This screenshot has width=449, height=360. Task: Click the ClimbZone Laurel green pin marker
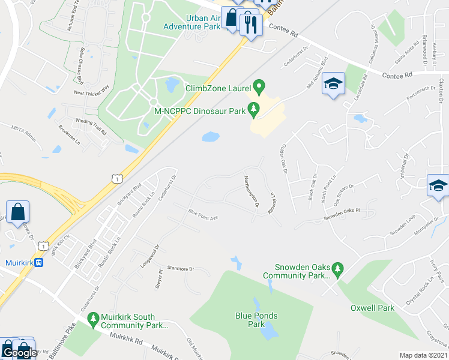click(259, 88)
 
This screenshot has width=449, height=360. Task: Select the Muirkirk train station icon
click(39, 262)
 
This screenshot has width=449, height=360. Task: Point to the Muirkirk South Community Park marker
click(92, 322)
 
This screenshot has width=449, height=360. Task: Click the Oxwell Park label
click(372, 308)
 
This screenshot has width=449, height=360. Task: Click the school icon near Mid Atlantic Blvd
click(331, 85)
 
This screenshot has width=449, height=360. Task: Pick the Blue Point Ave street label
click(202, 214)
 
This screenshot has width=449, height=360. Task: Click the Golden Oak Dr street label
click(282, 159)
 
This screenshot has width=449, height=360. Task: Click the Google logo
click(20, 352)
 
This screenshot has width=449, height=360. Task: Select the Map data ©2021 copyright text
click(423, 355)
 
